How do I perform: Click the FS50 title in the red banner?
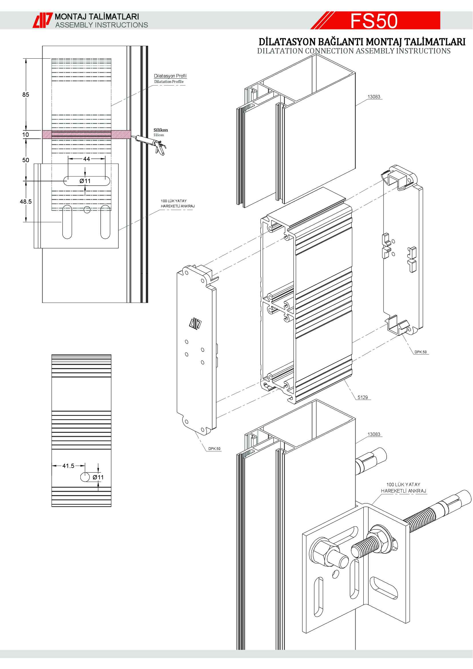pyautogui.click(x=374, y=21)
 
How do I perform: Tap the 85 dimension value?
pyautogui.click(x=26, y=95)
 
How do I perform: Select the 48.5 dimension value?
pyautogui.click(x=26, y=202)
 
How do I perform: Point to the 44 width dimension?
pyautogui.click(x=86, y=159)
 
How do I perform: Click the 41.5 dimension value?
pyautogui.click(x=68, y=466)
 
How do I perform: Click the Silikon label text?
pyautogui.click(x=160, y=130)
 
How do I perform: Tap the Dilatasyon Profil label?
pyautogui.click(x=170, y=76)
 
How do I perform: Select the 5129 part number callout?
pyautogui.click(x=363, y=398)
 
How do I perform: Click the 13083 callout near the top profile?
pyautogui.click(x=374, y=97)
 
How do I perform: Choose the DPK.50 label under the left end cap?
pyautogui.click(x=214, y=449)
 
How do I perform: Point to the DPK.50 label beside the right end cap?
pyautogui.click(x=421, y=352)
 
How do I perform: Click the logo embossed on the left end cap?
pyautogui.click(x=195, y=323)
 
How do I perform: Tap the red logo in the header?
pyautogui.click(x=42, y=20)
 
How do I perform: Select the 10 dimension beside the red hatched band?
pyautogui.click(x=26, y=135)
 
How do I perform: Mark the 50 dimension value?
pyautogui.click(x=26, y=160)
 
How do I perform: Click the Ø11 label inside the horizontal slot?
pyautogui.click(x=85, y=181)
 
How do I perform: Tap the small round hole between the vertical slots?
pyautogui.click(x=87, y=209)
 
